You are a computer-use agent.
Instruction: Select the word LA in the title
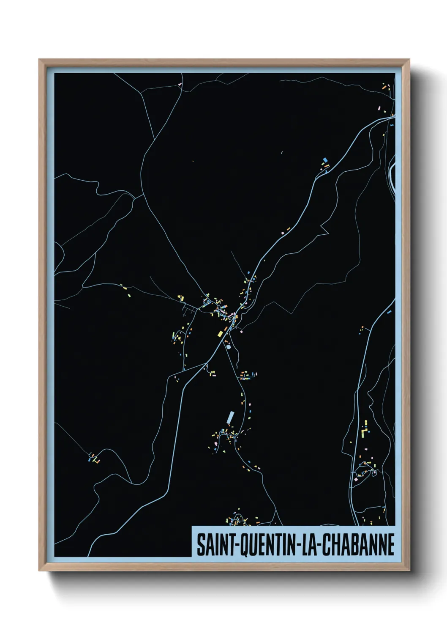coord(307,545)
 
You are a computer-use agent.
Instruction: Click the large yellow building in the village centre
coord(220,334)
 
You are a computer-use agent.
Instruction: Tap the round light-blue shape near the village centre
coord(229,346)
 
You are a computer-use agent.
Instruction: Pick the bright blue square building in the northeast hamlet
coord(324,160)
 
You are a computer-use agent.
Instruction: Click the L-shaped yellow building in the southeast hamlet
coord(365,431)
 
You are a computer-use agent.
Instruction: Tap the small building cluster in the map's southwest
coord(93,458)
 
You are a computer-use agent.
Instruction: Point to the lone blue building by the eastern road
coord(389,312)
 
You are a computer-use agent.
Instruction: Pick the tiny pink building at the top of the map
coord(180,84)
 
